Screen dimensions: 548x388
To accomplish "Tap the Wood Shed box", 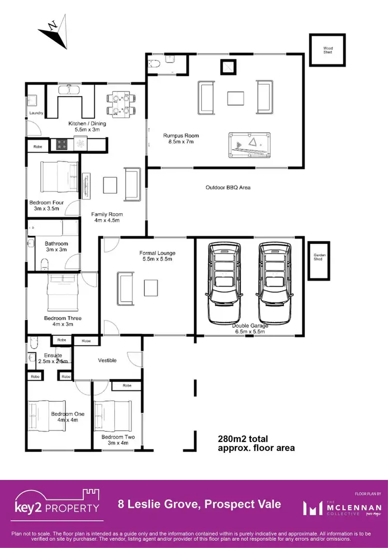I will (x=328, y=50).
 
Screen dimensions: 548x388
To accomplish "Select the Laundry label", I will (x=35, y=113).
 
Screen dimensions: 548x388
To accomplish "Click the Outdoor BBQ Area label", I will (x=228, y=187).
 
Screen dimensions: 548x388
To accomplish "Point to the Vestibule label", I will (x=107, y=360).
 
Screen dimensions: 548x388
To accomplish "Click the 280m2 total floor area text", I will (x=256, y=444).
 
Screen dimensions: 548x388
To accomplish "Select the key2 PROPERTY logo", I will (x=57, y=501).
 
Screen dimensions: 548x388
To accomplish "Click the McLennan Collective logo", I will (x=342, y=508).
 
